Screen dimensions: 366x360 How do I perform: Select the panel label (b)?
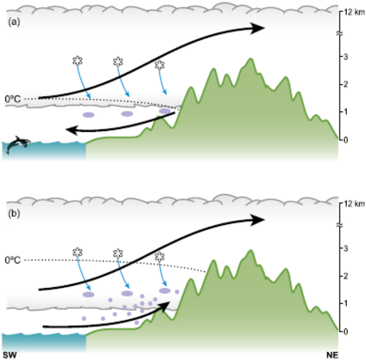click(14, 214)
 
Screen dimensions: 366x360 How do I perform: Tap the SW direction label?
click(10, 355)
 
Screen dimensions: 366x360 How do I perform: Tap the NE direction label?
click(332, 355)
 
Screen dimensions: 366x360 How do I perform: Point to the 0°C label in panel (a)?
click(13, 99)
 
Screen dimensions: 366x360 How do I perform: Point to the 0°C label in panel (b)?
click(13, 260)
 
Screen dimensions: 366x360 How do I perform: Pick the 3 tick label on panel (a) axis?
click(346, 56)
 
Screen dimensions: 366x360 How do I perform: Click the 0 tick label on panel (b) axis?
click(346, 331)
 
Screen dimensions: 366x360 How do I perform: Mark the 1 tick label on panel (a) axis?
click(346, 112)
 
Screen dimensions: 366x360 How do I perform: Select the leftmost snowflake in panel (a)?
click(78, 60)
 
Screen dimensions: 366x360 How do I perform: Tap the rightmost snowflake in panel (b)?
click(160, 257)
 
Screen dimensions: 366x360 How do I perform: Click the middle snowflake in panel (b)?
click(118, 253)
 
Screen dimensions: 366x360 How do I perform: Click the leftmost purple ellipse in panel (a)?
click(89, 115)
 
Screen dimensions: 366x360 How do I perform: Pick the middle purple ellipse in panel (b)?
click(127, 293)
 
